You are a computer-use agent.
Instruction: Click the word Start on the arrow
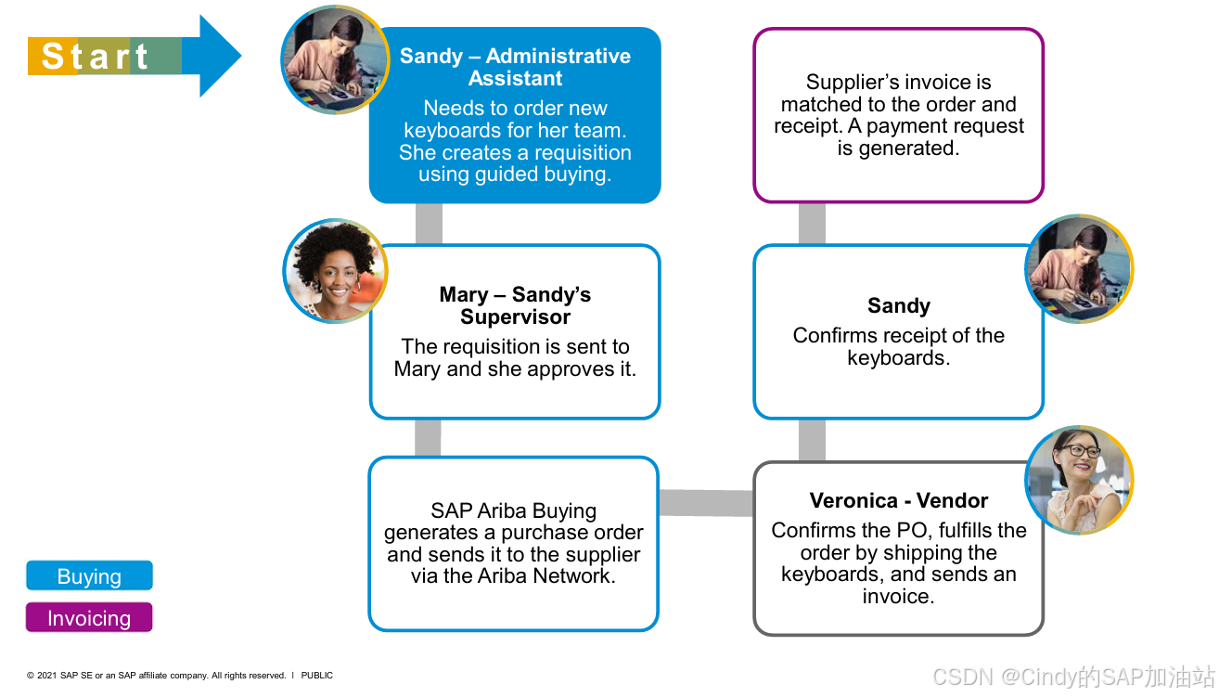point(95,57)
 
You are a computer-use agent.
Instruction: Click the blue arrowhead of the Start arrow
point(218,56)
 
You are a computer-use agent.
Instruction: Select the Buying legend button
point(89,576)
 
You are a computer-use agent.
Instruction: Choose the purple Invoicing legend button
point(89,618)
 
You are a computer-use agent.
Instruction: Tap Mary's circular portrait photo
point(335,272)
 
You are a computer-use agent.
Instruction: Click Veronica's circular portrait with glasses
point(1079,481)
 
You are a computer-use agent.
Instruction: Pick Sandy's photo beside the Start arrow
point(335,59)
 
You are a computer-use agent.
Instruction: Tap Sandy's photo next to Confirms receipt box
point(1079,269)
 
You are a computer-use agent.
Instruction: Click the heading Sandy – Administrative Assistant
point(515,67)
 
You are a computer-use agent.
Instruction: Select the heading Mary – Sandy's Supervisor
point(515,305)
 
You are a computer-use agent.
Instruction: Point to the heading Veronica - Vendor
point(898,501)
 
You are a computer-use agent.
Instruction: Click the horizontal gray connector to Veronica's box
point(705,503)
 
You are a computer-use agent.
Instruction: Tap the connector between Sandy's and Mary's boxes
point(429,224)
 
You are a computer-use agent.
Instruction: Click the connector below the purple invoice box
point(812,224)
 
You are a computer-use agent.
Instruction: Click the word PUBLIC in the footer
point(316,676)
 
